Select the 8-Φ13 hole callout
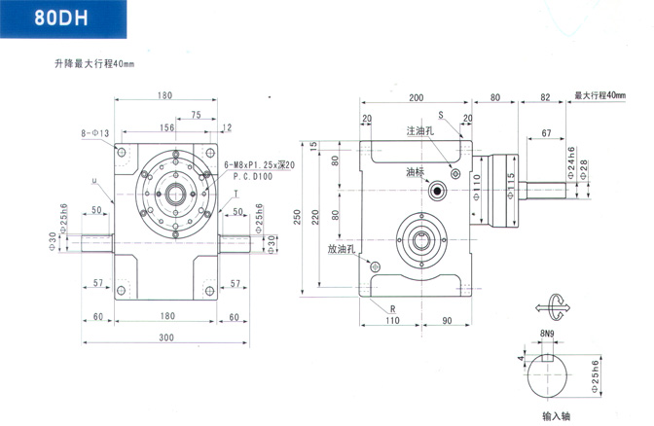[x=93, y=131]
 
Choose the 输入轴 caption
[x=557, y=416]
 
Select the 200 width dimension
[x=417, y=97]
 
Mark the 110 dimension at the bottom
[x=395, y=319]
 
